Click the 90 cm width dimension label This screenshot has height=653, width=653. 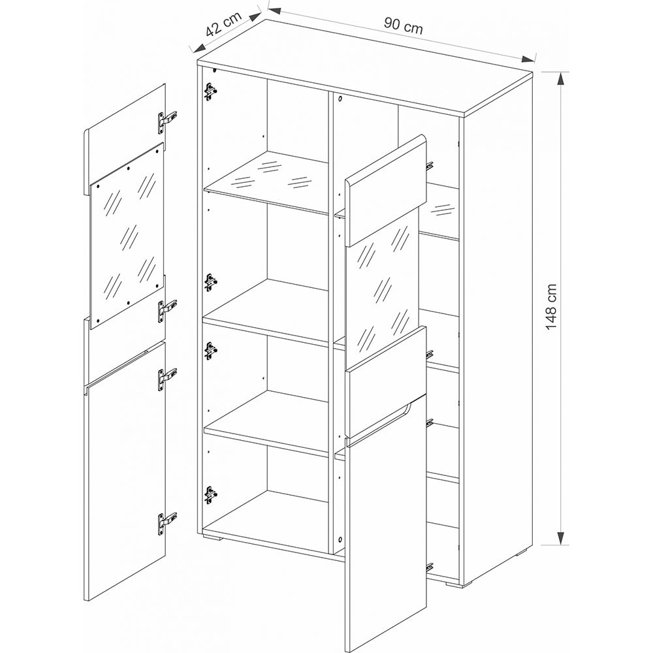(403, 27)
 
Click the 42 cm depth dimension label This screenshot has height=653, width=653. (223, 24)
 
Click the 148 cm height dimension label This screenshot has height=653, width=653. (551, 306)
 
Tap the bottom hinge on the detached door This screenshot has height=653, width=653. (167, 522)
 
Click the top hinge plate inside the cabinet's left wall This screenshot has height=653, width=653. (211, 91)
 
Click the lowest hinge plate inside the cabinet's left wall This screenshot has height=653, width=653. (211, 495)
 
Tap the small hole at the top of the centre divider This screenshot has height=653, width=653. (340, 99)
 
